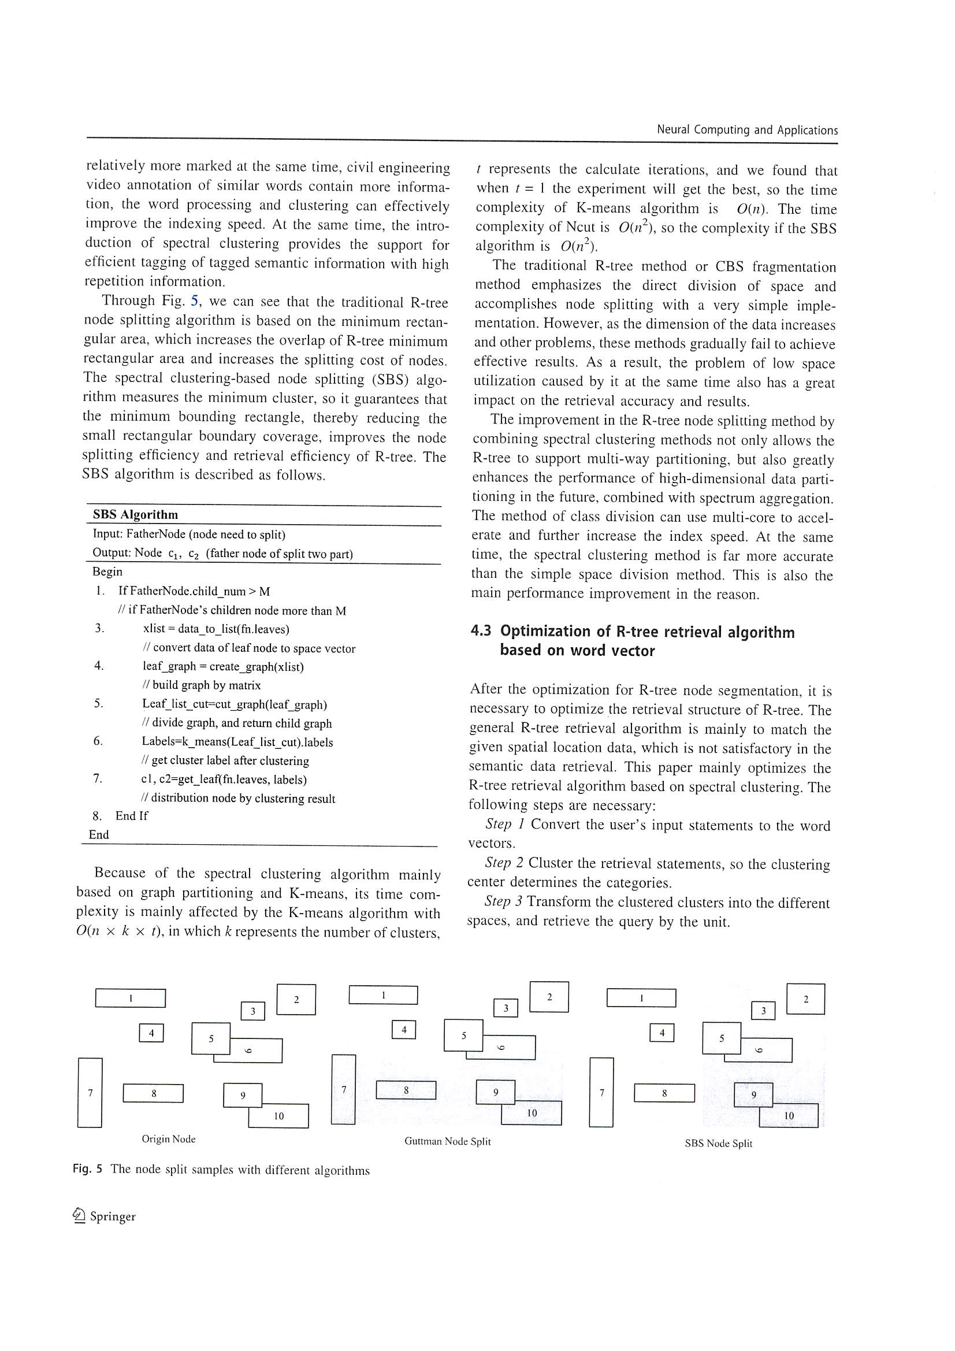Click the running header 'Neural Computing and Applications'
tap(746, 130)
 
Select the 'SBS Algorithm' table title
tap(135, 515)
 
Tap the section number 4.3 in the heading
tap(480, 632)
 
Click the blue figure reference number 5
tap(195, 301)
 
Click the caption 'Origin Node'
tap(168, 1139)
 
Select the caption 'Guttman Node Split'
tap(447, 1141)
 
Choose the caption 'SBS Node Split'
tap(718, 1144)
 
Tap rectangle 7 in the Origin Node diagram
tap(90, 1093)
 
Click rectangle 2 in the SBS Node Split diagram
tap(805, 999)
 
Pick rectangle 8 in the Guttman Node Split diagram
tap(406, 1090)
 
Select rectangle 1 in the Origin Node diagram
tap(130, 998)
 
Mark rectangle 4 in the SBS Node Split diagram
tap(662, 1033)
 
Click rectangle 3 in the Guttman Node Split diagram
tap(506, 1008)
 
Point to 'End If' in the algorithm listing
tap(131, 815)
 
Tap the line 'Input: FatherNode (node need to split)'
tap(189, 535)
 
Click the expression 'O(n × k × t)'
tap(118, 931)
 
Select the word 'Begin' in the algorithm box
tap(107, 571)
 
